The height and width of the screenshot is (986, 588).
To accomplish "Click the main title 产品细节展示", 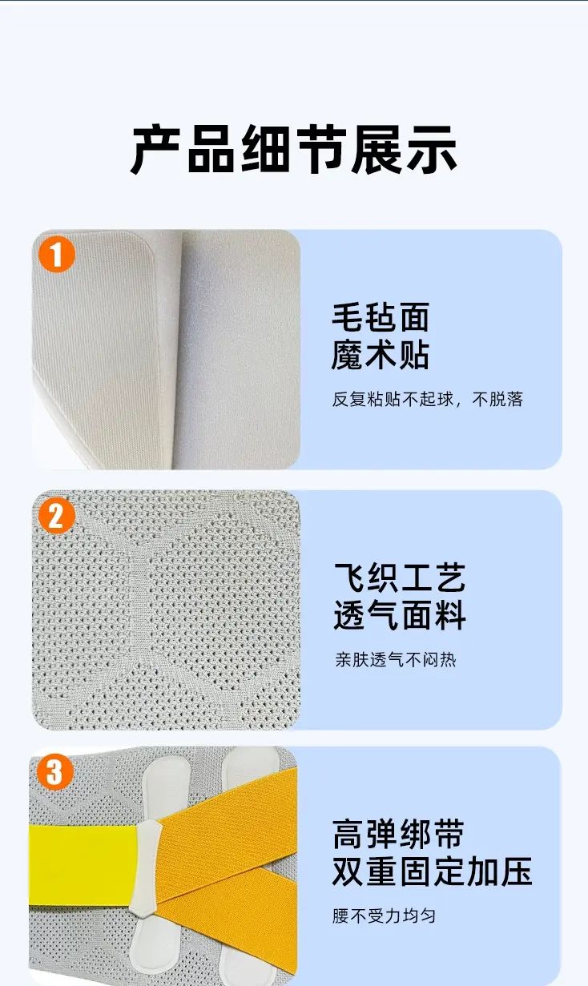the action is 293,150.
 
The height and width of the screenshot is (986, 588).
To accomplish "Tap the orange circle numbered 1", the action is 56,255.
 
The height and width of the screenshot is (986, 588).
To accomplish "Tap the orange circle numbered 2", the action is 56,516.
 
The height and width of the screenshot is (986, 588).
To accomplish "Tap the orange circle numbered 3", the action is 54,772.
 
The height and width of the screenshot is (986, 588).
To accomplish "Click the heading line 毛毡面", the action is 381,317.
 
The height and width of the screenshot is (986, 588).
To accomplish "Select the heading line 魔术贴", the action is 381,355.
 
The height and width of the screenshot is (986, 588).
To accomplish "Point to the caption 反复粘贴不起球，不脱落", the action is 427,399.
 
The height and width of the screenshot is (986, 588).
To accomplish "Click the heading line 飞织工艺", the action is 400,578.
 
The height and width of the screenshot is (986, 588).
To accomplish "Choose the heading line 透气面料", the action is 400,615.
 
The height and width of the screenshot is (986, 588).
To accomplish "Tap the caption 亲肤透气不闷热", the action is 396,660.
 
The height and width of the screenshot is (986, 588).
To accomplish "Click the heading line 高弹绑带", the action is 398,834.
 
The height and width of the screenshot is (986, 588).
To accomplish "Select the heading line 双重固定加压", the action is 433,871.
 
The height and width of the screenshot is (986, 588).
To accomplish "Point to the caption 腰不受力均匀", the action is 384,916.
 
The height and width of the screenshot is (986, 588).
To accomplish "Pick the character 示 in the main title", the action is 433,150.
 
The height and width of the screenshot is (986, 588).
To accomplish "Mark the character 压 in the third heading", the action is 517,871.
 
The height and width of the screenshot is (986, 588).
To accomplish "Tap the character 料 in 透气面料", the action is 450,615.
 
